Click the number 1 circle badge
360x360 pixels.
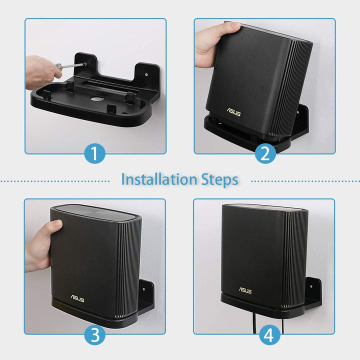[x=95, y=153]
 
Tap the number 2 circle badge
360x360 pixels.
[x=265, y=153]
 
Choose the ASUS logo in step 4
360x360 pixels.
[x=245, y=290]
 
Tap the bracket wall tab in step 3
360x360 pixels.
[x=147, y=290]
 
